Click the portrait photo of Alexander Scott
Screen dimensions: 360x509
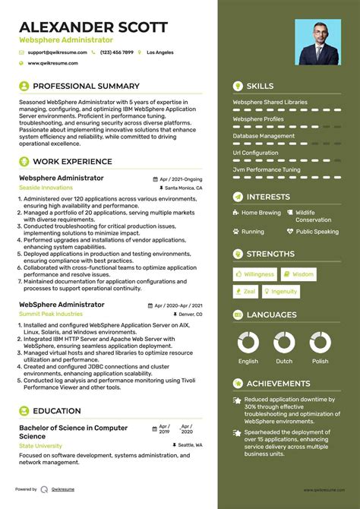point(318,42)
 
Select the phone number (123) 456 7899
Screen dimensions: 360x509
point(116,52)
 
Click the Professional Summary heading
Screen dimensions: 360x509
point(86,87)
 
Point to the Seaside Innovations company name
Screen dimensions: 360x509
point(46,187)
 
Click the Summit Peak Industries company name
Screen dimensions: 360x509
point(51,314)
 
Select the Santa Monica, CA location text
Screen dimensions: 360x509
point(183,187)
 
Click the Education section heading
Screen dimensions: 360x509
point(56,411)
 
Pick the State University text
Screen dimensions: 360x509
point(40,445)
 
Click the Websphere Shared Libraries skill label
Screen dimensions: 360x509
point(270,102)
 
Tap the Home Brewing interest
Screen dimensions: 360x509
point(261,213)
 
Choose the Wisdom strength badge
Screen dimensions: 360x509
point(298,274)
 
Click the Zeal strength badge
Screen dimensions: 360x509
point(245,291)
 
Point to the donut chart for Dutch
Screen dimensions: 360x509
point(284,342)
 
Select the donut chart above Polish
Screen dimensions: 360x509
point(320,342)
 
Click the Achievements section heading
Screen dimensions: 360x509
point(278,384)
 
